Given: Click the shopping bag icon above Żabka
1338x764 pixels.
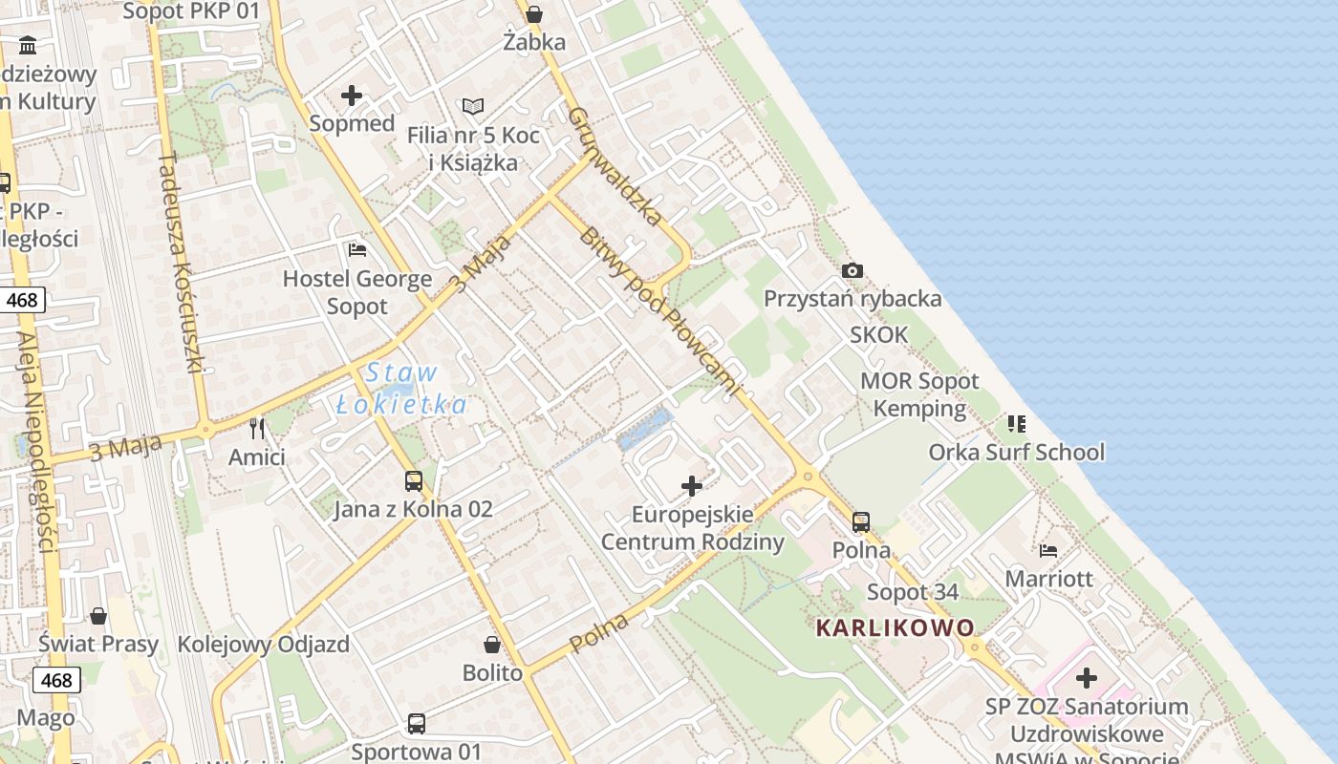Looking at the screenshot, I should pos(534,14).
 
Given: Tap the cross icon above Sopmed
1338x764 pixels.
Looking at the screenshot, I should pos(352,95).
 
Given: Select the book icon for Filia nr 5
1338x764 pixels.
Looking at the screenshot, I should pos(473,106).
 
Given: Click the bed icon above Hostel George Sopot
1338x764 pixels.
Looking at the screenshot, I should pos(357,250).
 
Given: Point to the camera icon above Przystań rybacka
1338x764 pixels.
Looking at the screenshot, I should pos(852,271).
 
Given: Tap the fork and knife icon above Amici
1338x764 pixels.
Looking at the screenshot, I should pos(256,427).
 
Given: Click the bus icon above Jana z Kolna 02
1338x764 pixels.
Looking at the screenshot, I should pos(414,480).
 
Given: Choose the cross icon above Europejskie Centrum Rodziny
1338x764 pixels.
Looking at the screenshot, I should pos(692,486).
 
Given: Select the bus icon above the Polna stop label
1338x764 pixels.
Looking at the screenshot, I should pos(861,521).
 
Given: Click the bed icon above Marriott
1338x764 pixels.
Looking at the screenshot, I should pos(1048,550).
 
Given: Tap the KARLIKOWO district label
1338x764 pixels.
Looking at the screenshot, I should pos(896,627).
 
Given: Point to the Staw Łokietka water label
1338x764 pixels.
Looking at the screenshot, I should pos(401,389).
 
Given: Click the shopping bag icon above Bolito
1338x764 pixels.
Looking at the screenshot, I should pos(492,645).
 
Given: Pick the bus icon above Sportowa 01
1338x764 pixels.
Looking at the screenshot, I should pos(417,723).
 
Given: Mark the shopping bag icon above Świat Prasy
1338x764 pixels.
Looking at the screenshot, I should pos(98,615).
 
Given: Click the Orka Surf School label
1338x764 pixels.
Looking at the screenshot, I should pos(1016,452).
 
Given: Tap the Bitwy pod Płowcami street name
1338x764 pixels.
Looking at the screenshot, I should pos(658,311).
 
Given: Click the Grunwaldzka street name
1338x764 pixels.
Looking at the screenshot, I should pos(615,166).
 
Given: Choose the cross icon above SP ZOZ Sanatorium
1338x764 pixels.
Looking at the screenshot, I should pos(1087,679).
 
